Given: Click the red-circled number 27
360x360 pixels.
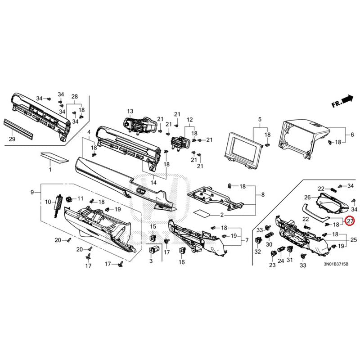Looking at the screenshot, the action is (351, 221).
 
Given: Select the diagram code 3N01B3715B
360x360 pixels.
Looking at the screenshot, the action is (336, 264).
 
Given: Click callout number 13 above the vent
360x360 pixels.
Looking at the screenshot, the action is (130, 111).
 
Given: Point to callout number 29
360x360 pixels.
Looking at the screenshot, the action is (12, 139).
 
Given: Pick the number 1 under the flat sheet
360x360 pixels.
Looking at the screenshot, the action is (50, 170).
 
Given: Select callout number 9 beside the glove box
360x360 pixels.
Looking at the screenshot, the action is (32, 192).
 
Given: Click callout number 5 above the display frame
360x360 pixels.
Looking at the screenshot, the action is (260, 119).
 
